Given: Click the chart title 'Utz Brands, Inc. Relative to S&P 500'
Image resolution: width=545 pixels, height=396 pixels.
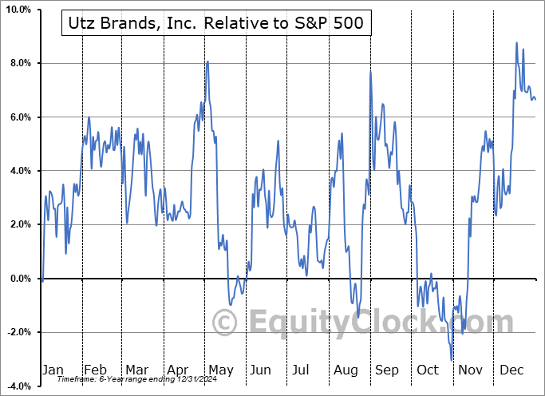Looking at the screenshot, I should pyautogui.click(x=213, y=23).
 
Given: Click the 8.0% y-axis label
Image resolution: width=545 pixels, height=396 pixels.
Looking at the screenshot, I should pyautogui.click(x=19, y=63).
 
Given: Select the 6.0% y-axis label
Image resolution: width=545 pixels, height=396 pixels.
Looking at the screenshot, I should pyautogui.click(x=19, y=117).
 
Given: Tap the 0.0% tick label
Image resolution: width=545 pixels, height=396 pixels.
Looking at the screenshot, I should pyautogui.click(x=19, y=279).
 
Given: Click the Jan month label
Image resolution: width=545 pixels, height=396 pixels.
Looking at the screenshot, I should pyautogui.click(x=53, y=370).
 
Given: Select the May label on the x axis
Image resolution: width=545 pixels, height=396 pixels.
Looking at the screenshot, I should pyautogui.click(x=220, y=370).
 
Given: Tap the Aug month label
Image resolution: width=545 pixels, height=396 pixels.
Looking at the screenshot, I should pyautogui.click(x=346, y=370).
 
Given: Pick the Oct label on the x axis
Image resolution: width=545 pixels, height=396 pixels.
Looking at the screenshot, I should pyautogui.click(x=428, y=370).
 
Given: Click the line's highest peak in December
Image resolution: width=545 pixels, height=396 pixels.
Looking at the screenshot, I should pyautogui.click(x=516, y=42).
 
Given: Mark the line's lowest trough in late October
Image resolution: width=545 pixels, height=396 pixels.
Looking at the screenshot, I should pyautogui.click(x=452, y=360).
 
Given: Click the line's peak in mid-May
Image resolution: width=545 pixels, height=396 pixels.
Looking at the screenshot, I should pyautogui.click(x=207, y=61).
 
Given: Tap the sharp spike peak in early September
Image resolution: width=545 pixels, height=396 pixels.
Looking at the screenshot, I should pyautogui.click(x=370, y=72).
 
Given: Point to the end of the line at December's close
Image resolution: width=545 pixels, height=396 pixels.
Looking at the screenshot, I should pyautogui.click(x=535, y=99).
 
